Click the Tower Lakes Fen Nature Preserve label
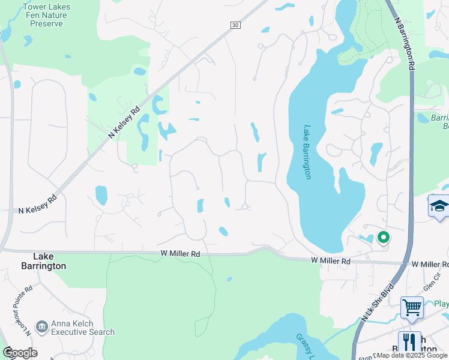pyautogui.click(x=46, y=16)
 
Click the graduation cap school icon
pyautogui.click(x=439, y=206)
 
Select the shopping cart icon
pyautogui.click(x=412, y=307)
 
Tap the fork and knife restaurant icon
pyautogui.click(x=409, y=342)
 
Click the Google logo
pyautogui.click(x=20, y=353)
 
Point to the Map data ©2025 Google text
pyautogui.click(x=412, y=356)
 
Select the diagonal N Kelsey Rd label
pyautogui.click(x=124, y=122)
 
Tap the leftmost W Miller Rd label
pyautogui.click(x=180, y=254)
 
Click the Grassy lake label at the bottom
pyautogui.click(x=303, y=345)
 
